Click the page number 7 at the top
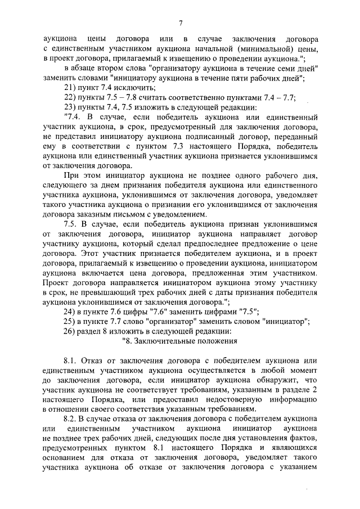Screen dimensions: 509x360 tap(181, 23)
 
